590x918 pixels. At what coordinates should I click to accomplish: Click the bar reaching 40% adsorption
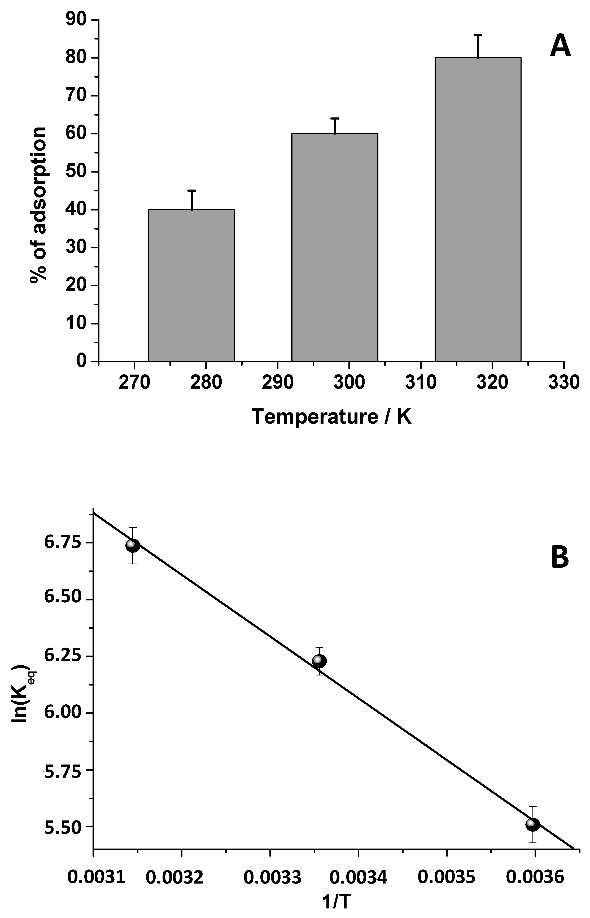(x=191, y=285)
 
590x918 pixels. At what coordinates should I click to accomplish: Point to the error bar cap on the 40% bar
(x=191, y=190)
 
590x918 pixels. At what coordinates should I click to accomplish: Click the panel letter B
(x=559, y=558)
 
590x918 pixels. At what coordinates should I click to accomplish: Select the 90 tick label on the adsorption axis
(x=77, y=20)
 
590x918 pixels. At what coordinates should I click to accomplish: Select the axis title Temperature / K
(x=331, y=417)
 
